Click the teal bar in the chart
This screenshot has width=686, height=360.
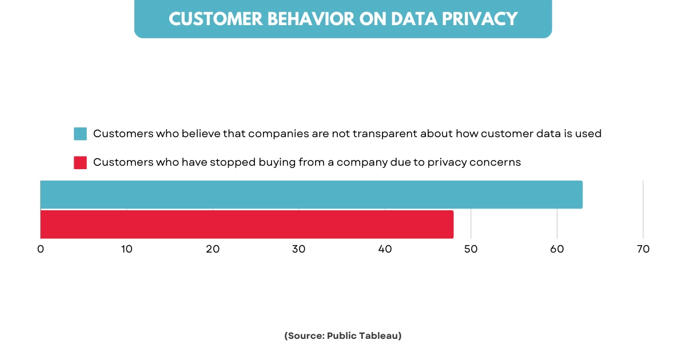(x=311, y=194)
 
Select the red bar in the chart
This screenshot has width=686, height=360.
(x=246, y=224)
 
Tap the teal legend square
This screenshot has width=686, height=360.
(x=80, y=134)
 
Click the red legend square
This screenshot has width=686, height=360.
(x=80, y=162)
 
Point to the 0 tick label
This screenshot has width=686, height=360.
(x=41, y=249)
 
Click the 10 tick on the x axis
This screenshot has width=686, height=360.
(x=126, y=249)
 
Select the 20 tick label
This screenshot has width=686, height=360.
(x=213, y=249)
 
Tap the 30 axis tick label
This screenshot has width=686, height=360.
(x=298, y=249)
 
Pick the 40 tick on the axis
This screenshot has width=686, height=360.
(x=385, y=249)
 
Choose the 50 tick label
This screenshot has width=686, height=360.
(x=470, y=249)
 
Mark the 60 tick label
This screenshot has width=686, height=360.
(x=557, y=249)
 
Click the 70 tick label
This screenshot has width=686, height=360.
(x=643, y=249)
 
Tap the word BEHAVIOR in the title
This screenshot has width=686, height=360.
(x=303, y=19)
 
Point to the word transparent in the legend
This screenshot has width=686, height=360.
(x=385, y=134)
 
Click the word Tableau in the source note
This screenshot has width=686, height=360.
(x=380, y=336)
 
